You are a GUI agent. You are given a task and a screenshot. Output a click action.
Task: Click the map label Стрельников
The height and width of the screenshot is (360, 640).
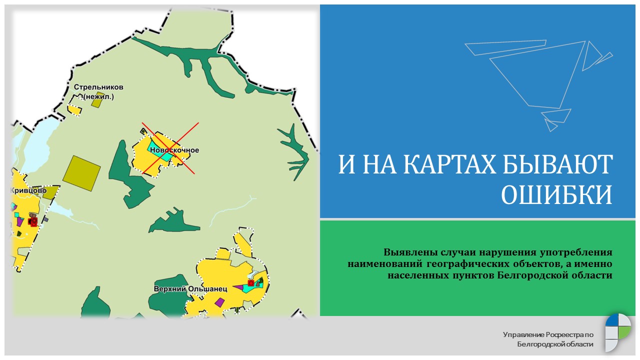coord(98,87)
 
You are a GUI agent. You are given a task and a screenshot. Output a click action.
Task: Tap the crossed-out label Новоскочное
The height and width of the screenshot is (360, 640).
coord(174,150)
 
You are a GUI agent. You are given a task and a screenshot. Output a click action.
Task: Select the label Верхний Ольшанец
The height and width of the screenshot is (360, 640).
coord(190,288)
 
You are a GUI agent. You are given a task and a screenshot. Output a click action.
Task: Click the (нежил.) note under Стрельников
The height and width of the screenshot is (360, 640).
coord(99,96)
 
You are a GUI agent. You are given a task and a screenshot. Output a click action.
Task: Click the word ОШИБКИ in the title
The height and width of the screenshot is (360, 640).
coord(556,194)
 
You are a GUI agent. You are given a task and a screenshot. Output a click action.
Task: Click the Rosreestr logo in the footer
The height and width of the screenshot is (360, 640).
coord(617,332)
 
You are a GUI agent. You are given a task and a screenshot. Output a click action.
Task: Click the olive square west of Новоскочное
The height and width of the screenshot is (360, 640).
coord(81,173)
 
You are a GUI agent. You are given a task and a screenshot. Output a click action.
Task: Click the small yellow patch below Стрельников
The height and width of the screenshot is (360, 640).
coord(74,110)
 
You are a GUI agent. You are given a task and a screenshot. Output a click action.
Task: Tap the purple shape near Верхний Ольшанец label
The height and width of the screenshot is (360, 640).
coord(219,302)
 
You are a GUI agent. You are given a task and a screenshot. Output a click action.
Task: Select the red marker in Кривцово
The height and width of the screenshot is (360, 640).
coord(33,221)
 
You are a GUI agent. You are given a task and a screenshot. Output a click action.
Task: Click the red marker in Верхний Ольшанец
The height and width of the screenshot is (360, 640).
coord(250,283)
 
